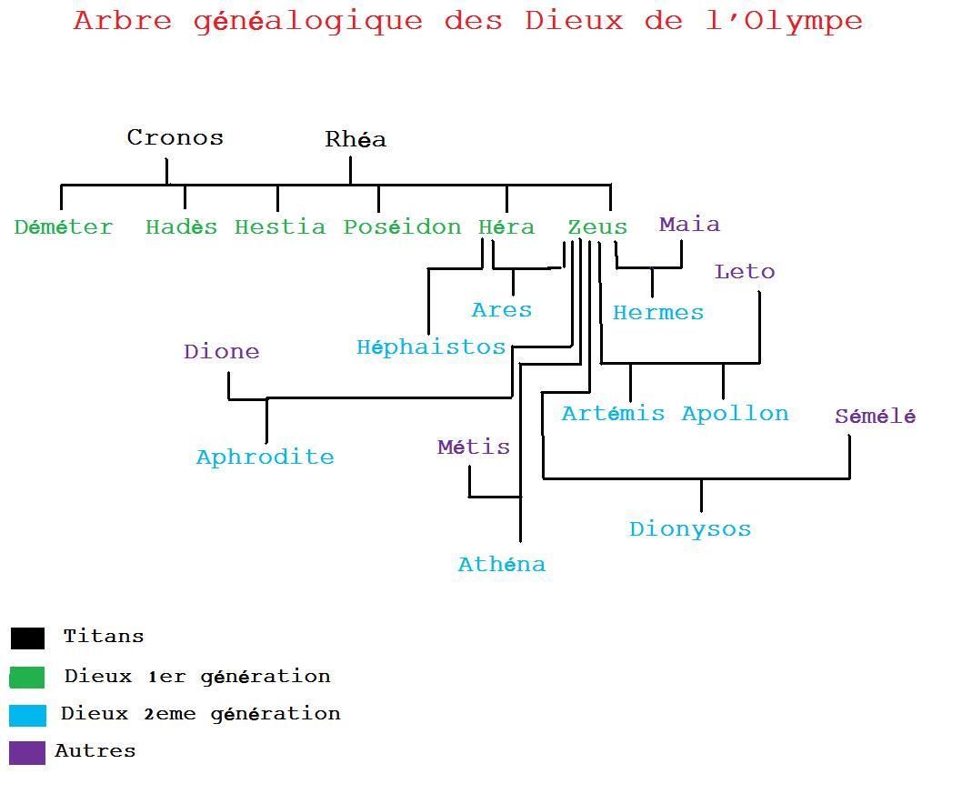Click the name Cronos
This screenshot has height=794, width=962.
(x=175, y=137)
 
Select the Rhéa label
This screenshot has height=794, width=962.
(x=356, y=138)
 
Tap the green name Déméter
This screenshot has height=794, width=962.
(x=64, y=227)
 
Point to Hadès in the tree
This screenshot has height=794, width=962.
(x=182, y=227)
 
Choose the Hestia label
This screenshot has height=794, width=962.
(x=280, y=227)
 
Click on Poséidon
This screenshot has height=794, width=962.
(x=403, y=227)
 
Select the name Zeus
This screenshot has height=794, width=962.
(x=597, y=227)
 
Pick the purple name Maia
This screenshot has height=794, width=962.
(x=689, y=225)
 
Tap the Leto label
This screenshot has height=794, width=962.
(x=745, y=271)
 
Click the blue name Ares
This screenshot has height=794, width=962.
(x=502, y=310)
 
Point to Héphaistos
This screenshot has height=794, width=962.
(x=431, y=347)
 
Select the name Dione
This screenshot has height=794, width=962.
(x=222, y=352)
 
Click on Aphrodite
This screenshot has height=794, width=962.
(x=265, y=457)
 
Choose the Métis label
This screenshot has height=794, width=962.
(x=474, y=447)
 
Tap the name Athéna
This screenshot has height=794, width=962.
(x=502, y=564)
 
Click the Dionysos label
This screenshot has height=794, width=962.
(x=690, y=529)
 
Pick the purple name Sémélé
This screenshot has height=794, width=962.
(x=876, y=416)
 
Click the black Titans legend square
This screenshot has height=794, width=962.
(x=27, y=638)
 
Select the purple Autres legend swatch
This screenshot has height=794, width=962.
(x=27, y=753)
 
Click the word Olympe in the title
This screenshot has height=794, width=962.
(x=803, y=22)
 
